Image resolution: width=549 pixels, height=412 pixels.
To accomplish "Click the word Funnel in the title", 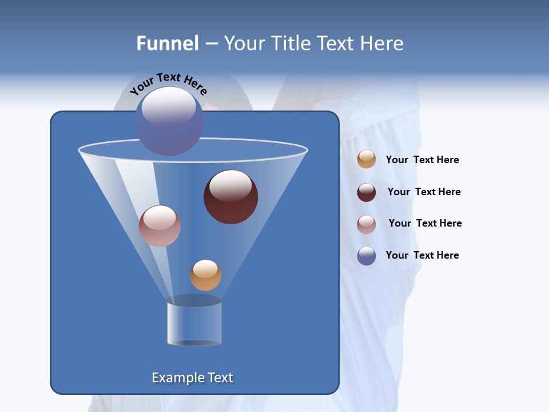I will point(167,43).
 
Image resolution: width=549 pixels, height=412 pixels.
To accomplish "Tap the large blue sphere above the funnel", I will point(169,121).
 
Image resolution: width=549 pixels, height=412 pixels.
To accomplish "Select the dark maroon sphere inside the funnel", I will point(231,197).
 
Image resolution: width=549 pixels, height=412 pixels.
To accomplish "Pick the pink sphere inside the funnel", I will point(160,226).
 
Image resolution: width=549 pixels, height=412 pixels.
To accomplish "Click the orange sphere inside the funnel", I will point(205,275).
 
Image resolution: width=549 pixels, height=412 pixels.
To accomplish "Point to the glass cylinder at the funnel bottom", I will point(194,323).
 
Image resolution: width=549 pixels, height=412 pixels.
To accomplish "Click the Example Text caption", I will point(193,378).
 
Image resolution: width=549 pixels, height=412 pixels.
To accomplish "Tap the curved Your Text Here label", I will point(169,82).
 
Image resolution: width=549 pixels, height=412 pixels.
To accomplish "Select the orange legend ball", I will point(367,160).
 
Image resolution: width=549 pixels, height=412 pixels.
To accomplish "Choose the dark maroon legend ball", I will point(367,192).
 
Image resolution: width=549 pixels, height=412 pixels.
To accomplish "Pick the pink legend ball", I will point(367,224).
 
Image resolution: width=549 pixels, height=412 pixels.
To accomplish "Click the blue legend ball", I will point(367,256).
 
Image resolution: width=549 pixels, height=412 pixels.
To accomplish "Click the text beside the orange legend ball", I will point(422,160).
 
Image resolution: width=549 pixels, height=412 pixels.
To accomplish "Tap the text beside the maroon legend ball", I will point(424,192).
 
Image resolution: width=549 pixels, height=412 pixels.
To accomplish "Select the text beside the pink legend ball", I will point(425,223).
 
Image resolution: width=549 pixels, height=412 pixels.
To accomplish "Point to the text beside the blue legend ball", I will point(422,255).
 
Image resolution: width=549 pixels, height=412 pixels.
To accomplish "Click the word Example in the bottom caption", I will point(177,378).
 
